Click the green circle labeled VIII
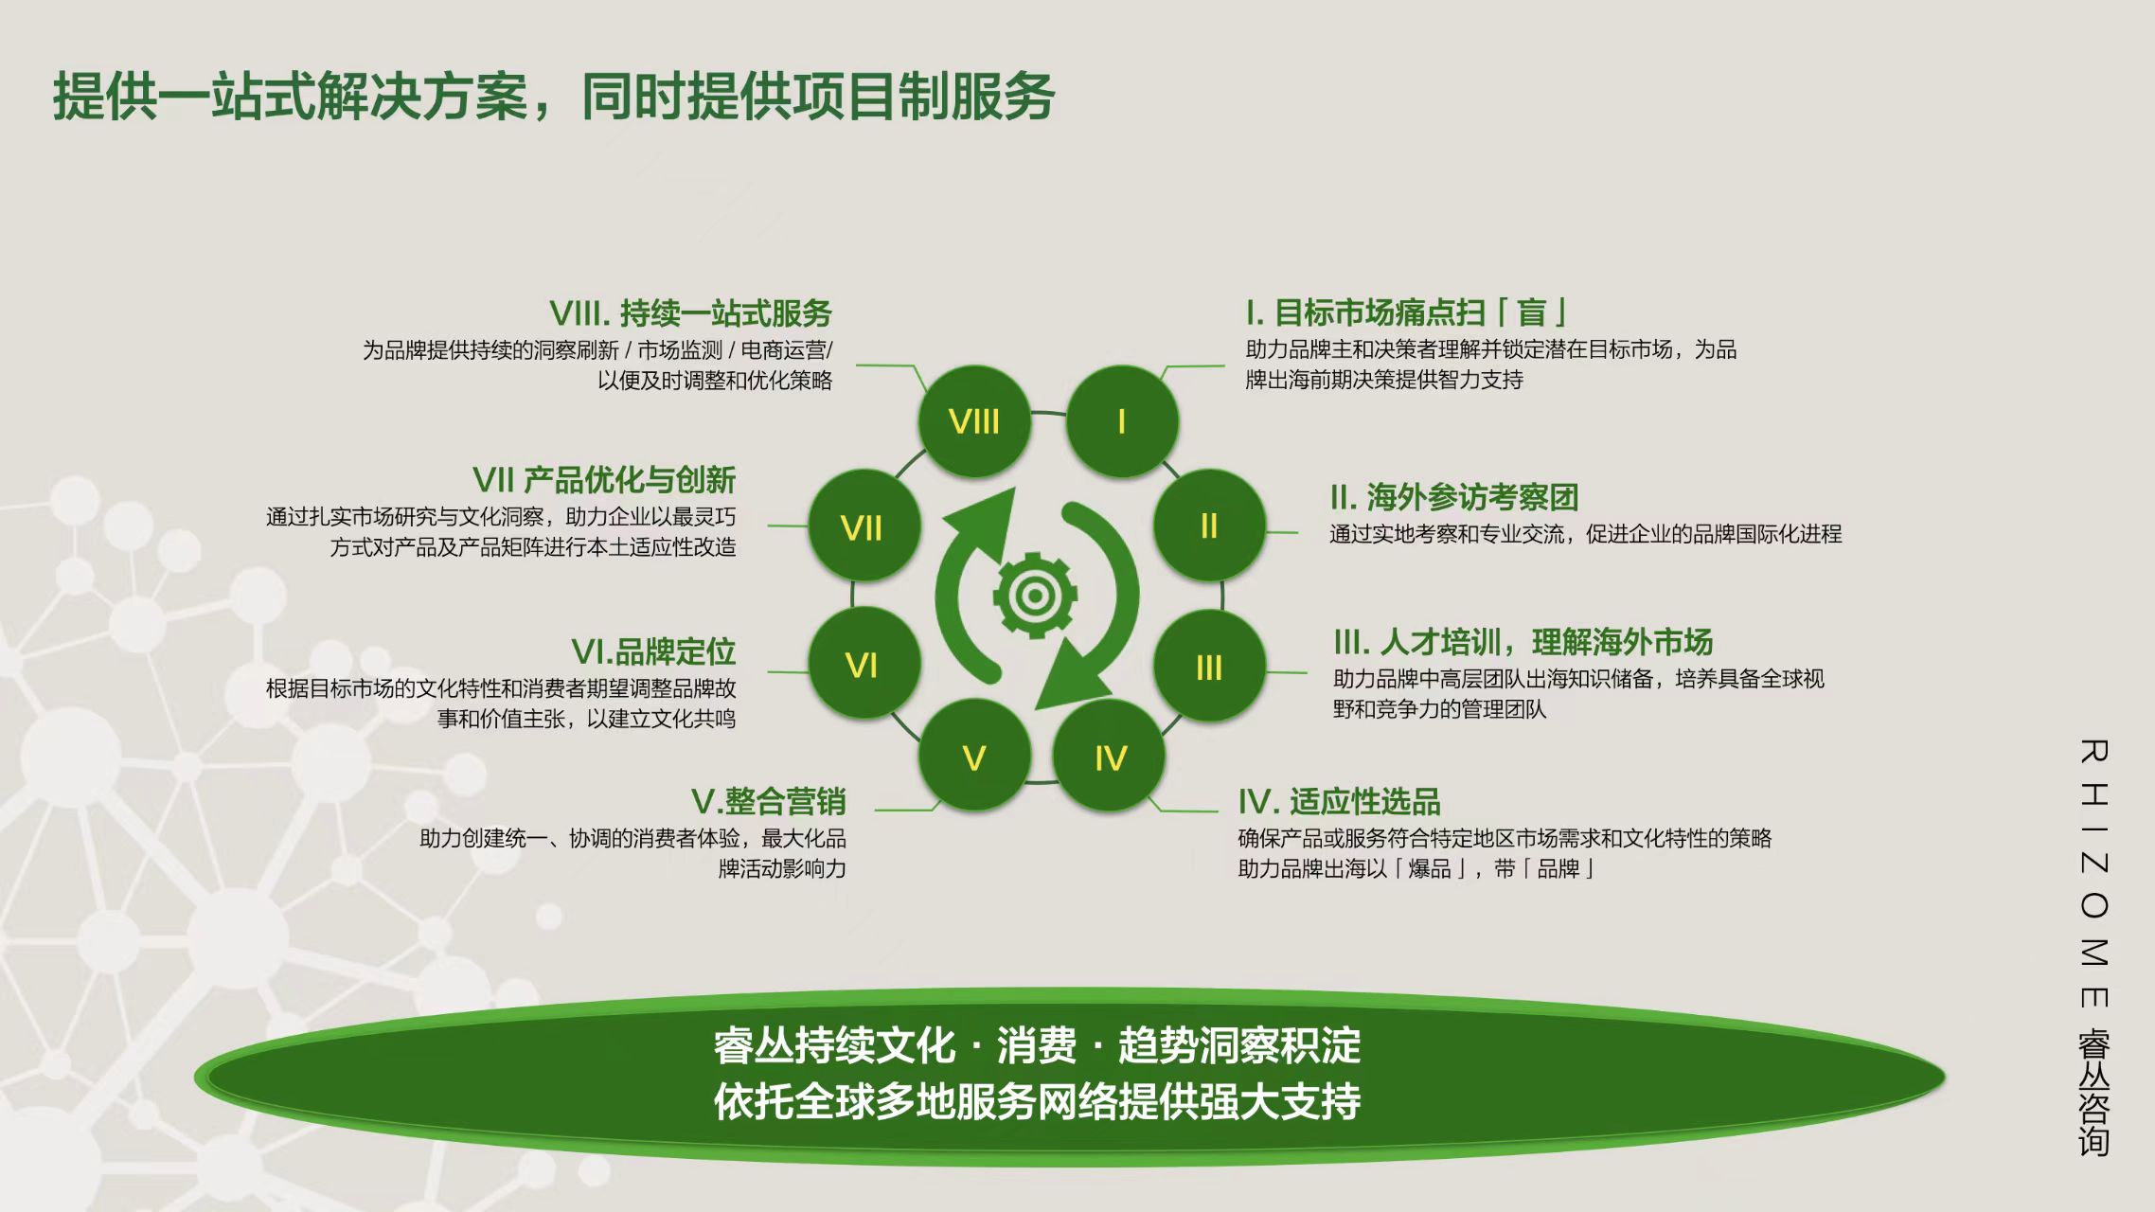pyautogui.click(x=974, y=420)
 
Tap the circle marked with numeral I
pyautogui.click(x=1122, y=420)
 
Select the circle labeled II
pyautogui.click(x=1209, y=526)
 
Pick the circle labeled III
pyautogui.click(x=1209, y=667)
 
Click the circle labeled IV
pyautogui.click(x=1110, y=757)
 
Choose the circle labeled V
pyautogui.click(x=974, y=757)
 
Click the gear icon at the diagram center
pyautogui.click(x=1035, y=596)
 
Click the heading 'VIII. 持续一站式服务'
pyautogui.click(x=690, y=313)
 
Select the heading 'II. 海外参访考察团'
pyautogui.click(x=1454, y=497)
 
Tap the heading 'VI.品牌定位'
pyautogui.click(x=653, y=651)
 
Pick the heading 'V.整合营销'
pyautogui.click(x=769, y=802)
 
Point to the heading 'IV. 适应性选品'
pyautogui.click(x=1340, y=802)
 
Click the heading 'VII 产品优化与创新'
pyautogui.click(x=604, y=480)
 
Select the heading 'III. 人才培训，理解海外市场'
pyautogui.click(x=1523, y=642)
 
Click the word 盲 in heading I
pyautogui.click(x=1532, y=312)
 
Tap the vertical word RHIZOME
pyautogui.click(x=2093, y=874)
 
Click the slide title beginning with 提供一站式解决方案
pyautogui.click(x=554, y=96)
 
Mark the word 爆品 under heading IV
pyautogui.click(x=1430, y=868)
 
